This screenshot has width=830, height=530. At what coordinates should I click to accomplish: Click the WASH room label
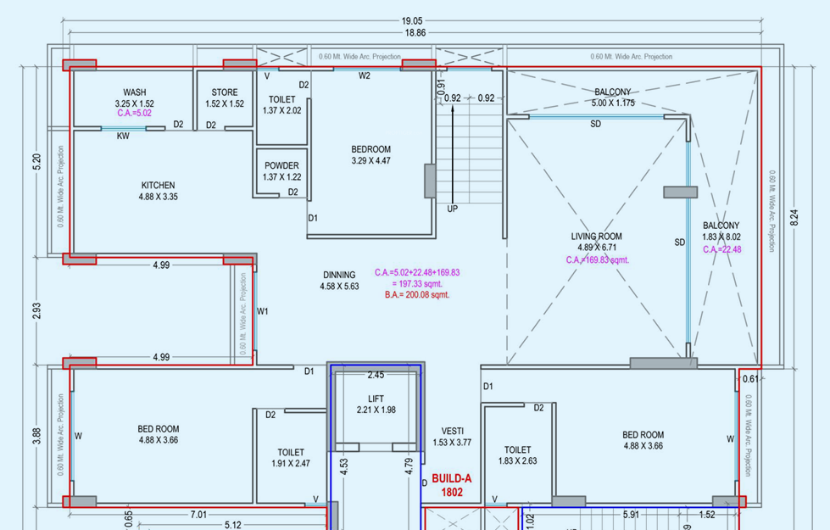(x=134, y=92)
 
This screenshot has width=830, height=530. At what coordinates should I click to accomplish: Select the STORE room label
(x=225, y=92)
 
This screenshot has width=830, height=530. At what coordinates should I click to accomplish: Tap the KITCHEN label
(x=158, y=185)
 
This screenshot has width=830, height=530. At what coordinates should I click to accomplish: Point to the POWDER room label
(x=281, y=165)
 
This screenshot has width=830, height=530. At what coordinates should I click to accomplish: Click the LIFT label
(x=376, y=399)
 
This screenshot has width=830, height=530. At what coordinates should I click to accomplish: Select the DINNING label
(x=339, y=275)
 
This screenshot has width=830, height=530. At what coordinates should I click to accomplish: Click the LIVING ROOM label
(x=597, y=237)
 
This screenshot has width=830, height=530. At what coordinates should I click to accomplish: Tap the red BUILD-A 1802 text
(x=451, y=485)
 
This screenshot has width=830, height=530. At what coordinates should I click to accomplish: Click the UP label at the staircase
(x=452, y=209)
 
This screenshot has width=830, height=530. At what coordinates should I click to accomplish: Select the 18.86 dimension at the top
(x=415, y=32)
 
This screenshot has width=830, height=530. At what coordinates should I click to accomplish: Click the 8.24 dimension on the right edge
(x=794, y=217)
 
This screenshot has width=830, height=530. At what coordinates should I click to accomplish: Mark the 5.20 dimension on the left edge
(x=35, y=162)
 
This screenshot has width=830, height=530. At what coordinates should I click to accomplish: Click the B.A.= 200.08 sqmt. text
(x=416, y=295)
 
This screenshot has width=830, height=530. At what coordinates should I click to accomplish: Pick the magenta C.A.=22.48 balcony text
(x=721, y=249)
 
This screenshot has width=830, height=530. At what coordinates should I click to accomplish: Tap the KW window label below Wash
(x=123, y=136)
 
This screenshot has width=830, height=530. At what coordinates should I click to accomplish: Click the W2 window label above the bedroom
(x=365, y=76)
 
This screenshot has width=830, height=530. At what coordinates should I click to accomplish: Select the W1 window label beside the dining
(x=263, y=310)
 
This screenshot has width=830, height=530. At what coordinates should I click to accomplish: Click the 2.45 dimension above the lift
(x=376, y=375)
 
